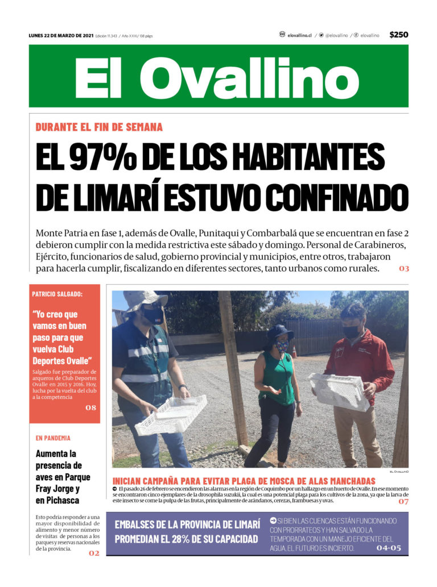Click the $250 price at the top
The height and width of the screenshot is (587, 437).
pos(398,35)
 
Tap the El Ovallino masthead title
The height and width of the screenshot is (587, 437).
pos(218,77)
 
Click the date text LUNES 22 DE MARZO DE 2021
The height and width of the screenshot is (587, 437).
pos(61,35)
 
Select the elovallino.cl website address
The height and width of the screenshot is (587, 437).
pos(299,35)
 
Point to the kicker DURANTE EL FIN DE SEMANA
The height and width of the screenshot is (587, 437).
pos(99,127)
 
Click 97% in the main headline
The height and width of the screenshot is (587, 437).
pos(104,157)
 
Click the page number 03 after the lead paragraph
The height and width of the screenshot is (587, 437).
pos(403,269)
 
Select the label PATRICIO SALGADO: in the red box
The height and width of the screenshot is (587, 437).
pos(57,294)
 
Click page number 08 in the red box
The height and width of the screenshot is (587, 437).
pos(90,407)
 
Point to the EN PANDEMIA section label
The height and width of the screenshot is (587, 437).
pos(53,438)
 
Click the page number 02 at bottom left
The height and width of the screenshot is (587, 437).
pos(93,553)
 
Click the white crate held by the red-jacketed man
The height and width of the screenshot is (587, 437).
pos(339,391)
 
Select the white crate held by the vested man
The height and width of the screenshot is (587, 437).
pos(171,414)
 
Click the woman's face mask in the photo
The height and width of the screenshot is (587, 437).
pos(282,346)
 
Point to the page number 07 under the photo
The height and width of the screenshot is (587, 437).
pos(403,501)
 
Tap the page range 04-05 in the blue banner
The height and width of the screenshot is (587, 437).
pos(389,548)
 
